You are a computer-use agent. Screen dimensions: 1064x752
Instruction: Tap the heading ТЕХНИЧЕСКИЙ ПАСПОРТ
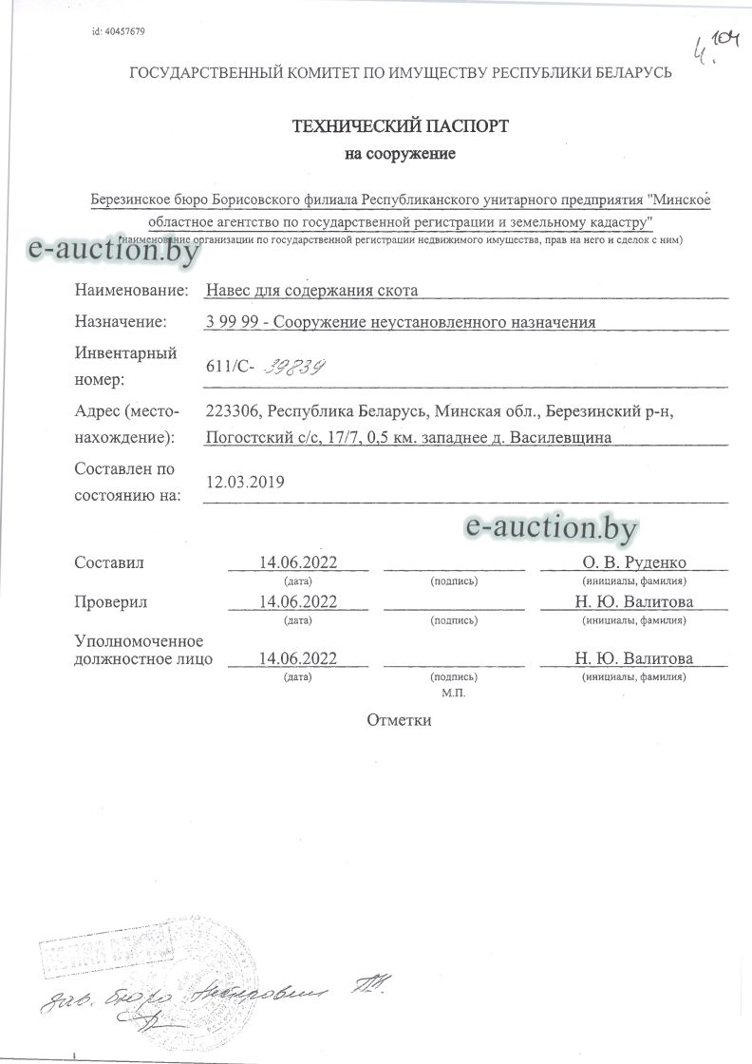pos(400,125)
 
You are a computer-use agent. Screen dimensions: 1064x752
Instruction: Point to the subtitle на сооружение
pos(400,154)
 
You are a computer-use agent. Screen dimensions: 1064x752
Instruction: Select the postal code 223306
pos(232,411)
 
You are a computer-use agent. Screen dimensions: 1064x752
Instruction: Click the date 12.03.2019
pos(245,482)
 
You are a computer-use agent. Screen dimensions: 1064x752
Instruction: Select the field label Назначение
pos(121,322)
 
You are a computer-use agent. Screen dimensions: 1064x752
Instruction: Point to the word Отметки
pos(400,719)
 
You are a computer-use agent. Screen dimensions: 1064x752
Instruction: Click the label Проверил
pos(111,602)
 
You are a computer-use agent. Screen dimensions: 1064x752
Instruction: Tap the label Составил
pos(109,562)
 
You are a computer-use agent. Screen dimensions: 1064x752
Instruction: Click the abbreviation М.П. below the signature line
pos(454,693)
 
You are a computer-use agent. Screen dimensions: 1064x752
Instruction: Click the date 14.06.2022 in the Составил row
pos(298,562)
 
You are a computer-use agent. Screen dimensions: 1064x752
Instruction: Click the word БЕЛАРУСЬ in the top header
pos(626,72)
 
